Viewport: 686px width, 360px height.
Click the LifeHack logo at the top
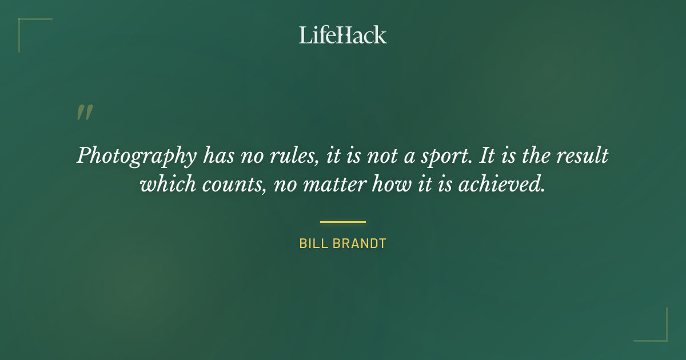(x=342, y=35)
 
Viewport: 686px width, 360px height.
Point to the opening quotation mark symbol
(x=84, y=113)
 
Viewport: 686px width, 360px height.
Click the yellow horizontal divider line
(x=342, y=222)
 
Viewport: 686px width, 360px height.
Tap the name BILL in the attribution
(x=312, y=244)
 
